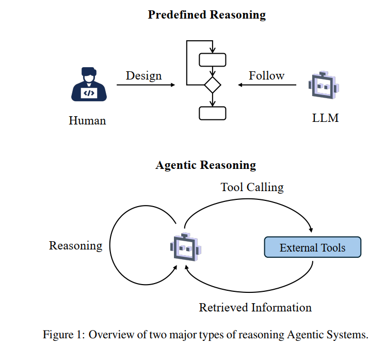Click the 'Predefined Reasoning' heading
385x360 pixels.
[206, 14]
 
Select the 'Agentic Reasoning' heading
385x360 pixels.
[205, 165]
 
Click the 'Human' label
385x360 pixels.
[87, 121]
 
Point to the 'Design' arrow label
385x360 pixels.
[143, 75]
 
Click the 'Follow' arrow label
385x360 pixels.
[266, 75]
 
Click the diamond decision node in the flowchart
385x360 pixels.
[212, 85]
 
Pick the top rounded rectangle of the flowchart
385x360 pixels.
[212, 60]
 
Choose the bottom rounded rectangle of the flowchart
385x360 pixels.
[212, 113]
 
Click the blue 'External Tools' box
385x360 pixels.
[312, 247]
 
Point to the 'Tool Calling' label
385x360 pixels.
[252, 187]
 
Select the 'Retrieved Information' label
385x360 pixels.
[255, 308]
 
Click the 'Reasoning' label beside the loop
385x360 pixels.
[75, 246]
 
